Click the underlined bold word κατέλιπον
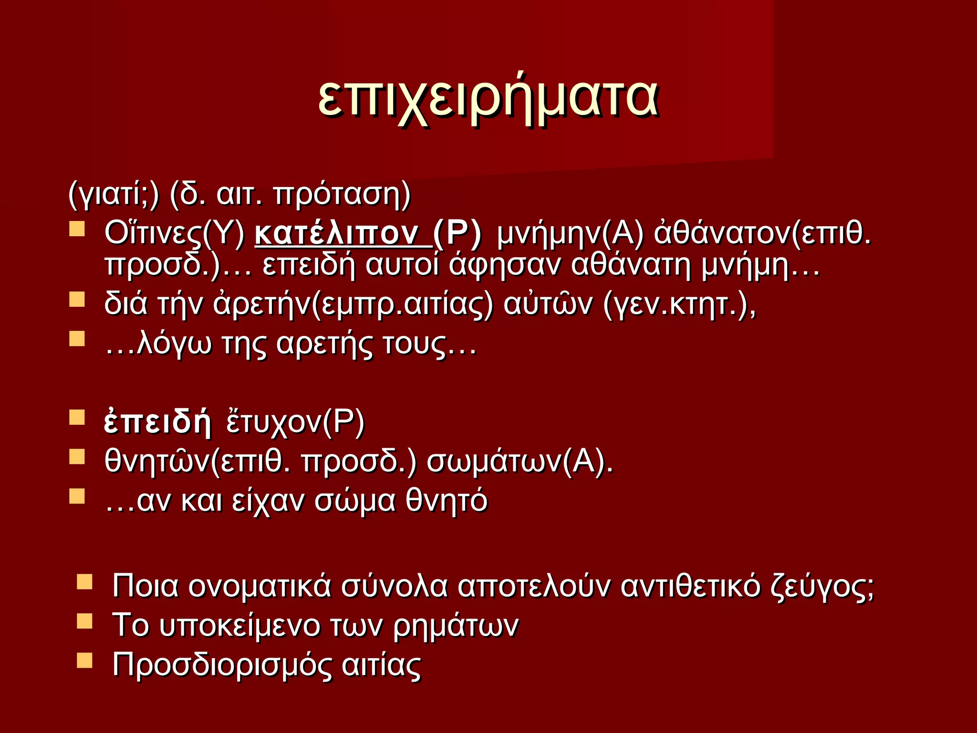click(x=343, y=234)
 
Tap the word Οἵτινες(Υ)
click(x=175, y=234)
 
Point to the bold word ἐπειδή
click(x=157, y=422)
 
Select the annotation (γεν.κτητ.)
click(x=680, y=304)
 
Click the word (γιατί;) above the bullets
click(x=114, y=194)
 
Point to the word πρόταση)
click(x=342, y=194)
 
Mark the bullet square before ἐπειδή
click(x=77, y=418)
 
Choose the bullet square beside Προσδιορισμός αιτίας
click(x=84, y=660)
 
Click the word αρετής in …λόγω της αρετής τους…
click(x=324, y=344)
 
